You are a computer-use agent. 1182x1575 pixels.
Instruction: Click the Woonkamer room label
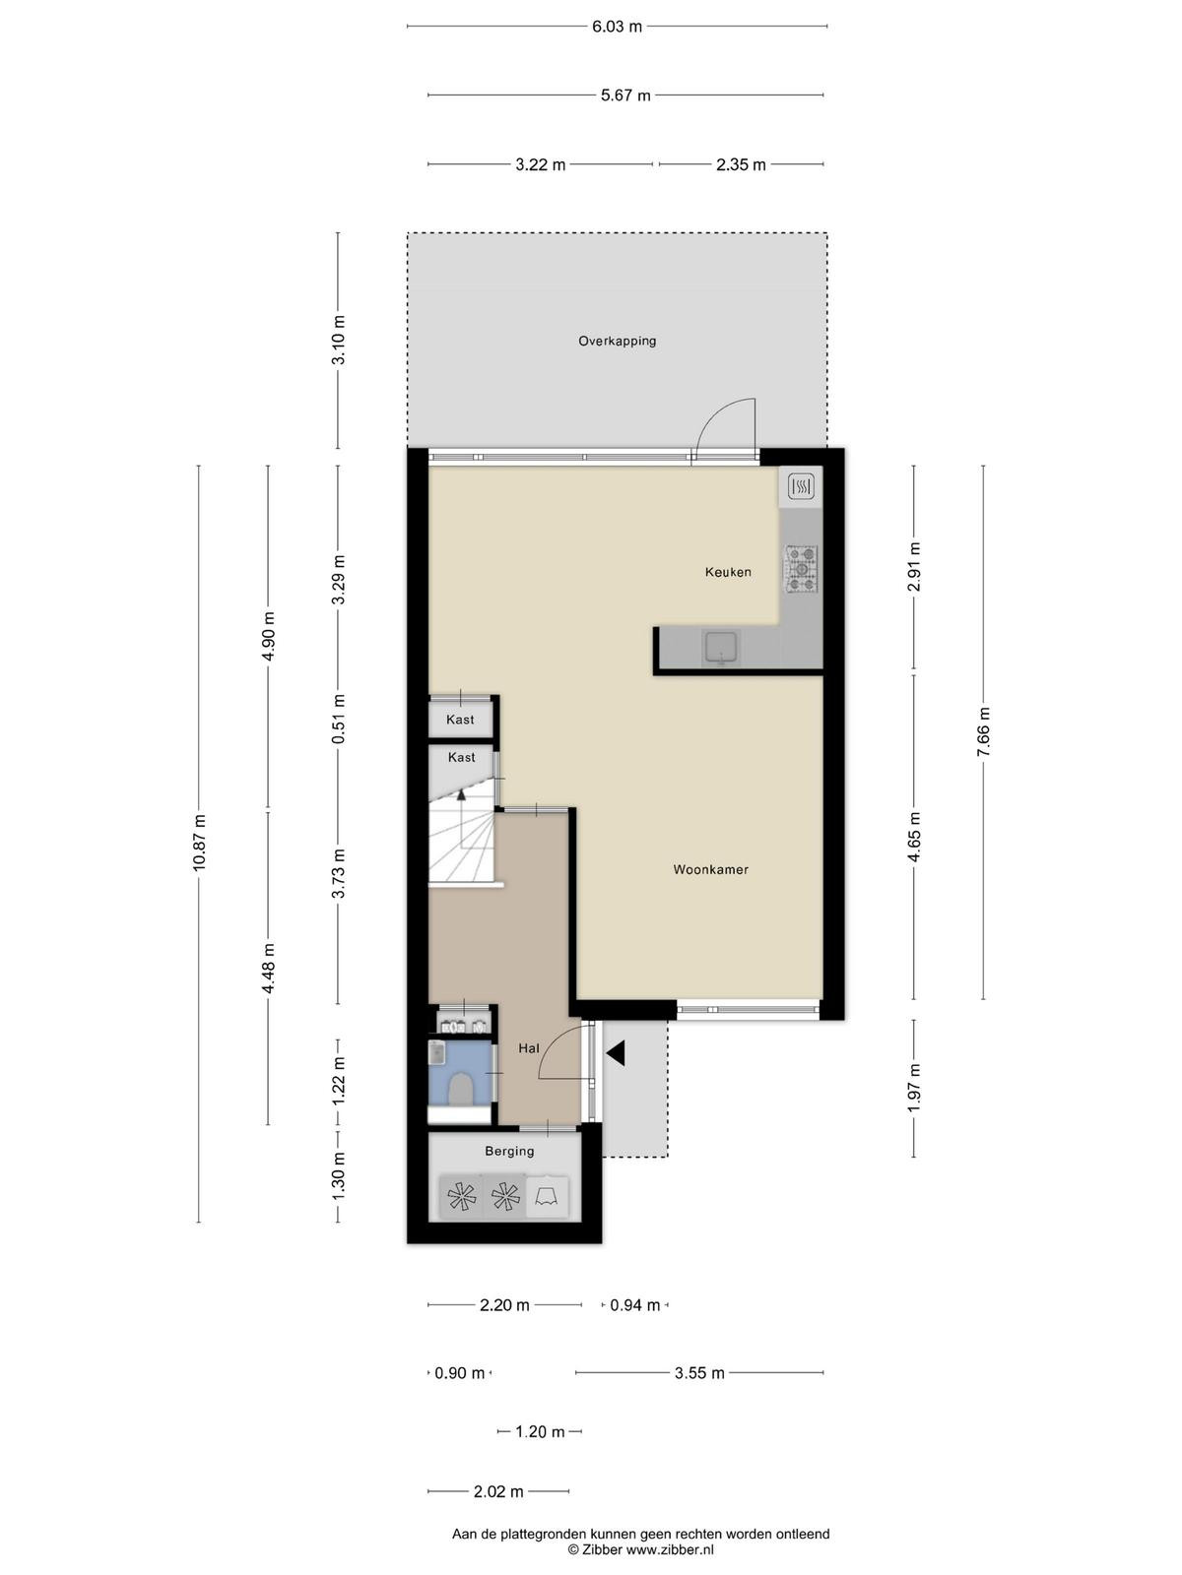point(710,869)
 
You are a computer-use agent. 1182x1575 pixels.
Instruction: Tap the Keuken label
point(728,572)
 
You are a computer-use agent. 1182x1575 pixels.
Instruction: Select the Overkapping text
point(618,341)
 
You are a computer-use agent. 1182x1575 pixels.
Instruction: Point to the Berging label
point(509,1151)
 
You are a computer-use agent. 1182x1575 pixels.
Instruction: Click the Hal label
point(529,1048)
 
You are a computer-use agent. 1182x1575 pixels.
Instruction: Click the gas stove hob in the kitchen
point(801,570)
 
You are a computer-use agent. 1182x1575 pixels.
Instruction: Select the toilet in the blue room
point(460,1090)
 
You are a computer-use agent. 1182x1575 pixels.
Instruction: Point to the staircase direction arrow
point(461,793)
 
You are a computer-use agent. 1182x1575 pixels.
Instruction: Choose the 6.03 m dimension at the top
point(618,28)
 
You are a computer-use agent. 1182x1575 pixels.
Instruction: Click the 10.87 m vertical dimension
point(199,843)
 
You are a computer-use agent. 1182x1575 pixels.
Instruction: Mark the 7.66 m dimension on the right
point(983,731)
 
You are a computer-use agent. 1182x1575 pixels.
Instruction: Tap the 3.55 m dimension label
point(699,1372)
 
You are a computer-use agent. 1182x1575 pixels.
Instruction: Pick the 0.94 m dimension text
point(634,1305)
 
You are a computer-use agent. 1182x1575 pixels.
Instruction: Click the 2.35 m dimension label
point(741,165)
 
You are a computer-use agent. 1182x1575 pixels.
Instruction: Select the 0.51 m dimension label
point(339,719)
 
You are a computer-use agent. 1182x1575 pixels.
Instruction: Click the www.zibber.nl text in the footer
point(670,1549)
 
